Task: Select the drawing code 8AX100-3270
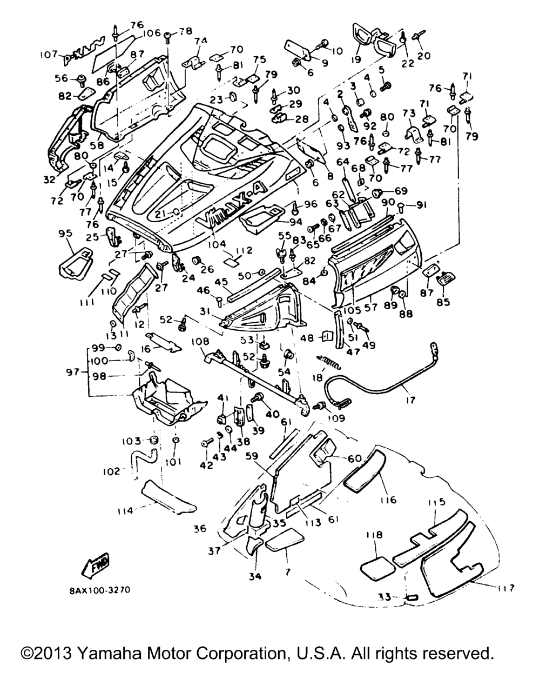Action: [x=100, y=590]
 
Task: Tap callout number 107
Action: [x=50, y=55]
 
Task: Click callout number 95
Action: [x=65, y=234]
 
